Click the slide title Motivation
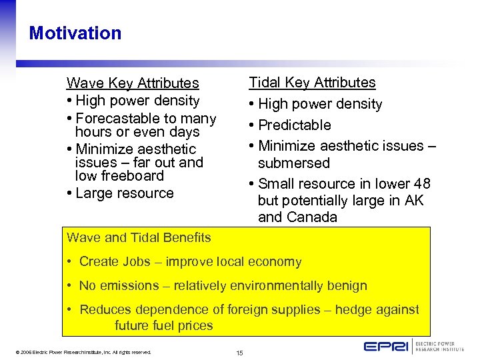click(x=75, y=33)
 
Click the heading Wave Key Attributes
click(x=133, y=83)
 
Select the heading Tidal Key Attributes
click(x=312, y=83)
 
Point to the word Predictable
click(x=294, y=125)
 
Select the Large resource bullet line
click(x=124, y=193)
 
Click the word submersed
click(x=293, y=163)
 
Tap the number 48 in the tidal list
click(x=421, y=184)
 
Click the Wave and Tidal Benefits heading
click(x=139, y=237)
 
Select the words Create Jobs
click(x=107, y=262)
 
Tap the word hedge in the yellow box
click(x=353, y=309)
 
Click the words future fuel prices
click(x=163, y=326)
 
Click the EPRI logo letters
click(x=387, y=346)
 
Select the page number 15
click(x=239, y=352)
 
